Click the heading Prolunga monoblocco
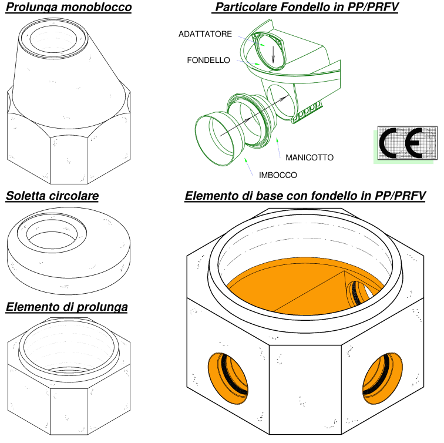coord(69,7)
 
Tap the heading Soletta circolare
coord(52,196)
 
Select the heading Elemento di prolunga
coord(67,307)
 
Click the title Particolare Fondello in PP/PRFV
coord(305,7)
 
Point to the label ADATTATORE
coord(205,34)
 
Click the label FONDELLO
coord(208,60)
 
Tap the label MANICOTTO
coord(310,157)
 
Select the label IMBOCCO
coord(278,175)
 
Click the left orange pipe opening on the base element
coord(228,378)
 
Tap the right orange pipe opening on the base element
coord(382,378)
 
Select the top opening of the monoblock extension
coord(53,39)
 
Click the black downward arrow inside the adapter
coord(273,55)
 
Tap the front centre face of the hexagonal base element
coord(305,390)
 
